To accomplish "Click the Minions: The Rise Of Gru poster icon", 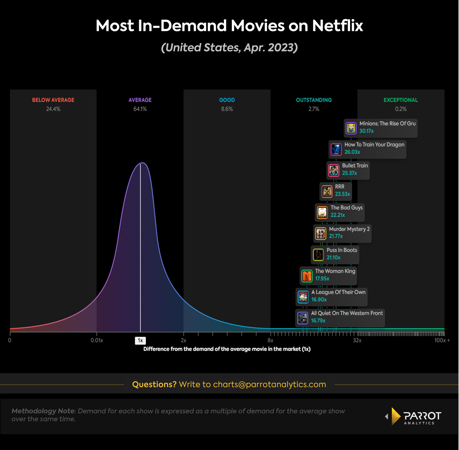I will point(351,128).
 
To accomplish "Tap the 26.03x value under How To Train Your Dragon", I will point(352,152).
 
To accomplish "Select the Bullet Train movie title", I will point(355,166).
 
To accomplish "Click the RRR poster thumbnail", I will point(327,191).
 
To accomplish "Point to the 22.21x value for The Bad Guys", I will point(338,215).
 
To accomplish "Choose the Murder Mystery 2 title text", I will point(349,229).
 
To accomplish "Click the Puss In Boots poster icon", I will point(318,255).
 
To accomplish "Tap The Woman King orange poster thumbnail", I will point(307,276).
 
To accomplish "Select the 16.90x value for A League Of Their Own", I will point(319,300).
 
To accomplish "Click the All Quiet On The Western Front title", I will point(347,313).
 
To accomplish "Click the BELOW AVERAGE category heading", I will point(53,100).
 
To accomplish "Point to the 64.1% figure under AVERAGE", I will point(140,109).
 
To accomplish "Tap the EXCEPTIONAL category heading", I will point(400,100).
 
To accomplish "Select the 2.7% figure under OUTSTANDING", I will point(314,109).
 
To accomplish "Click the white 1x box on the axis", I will point(140,341).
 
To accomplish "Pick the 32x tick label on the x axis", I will point(357,341).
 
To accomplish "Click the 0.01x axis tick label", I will point(97,341).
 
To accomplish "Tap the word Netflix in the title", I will point(337,26).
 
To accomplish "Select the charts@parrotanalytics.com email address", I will point(269,385).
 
